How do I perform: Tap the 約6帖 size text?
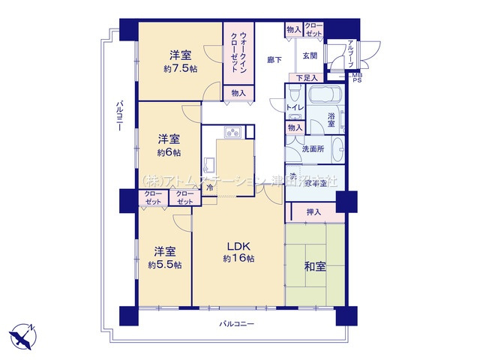(x=168, y=152)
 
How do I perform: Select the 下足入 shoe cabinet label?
(x=306, y=77)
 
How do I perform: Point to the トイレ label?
(x=295, y=108)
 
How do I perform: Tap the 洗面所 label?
(x=313, y=148)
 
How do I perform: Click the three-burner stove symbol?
(x=231, y=133)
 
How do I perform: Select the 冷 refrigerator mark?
(x=210, y=187)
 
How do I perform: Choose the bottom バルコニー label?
(x=238, y=324)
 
